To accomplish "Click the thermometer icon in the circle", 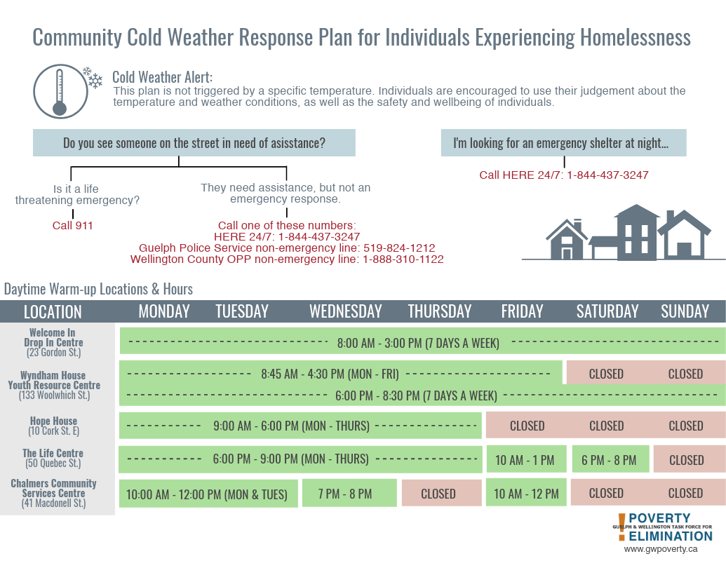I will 59,91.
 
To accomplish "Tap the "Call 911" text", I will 73,226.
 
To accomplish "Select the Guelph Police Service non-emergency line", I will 287,248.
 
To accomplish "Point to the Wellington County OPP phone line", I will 287,259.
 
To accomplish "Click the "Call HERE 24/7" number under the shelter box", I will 564,175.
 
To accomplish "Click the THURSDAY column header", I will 440,311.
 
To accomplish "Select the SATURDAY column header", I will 607,311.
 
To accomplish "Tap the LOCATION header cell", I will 53,311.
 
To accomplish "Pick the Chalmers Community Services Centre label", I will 53,492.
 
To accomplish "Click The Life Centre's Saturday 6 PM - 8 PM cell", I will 609,460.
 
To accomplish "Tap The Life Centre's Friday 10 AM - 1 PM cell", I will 525,460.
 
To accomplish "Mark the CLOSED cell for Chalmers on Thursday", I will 438,494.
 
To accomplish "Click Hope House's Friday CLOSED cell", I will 527,426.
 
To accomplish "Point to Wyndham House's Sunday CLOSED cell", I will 685,374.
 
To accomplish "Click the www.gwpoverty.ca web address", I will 660,550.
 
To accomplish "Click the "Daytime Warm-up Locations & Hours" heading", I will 98,289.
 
